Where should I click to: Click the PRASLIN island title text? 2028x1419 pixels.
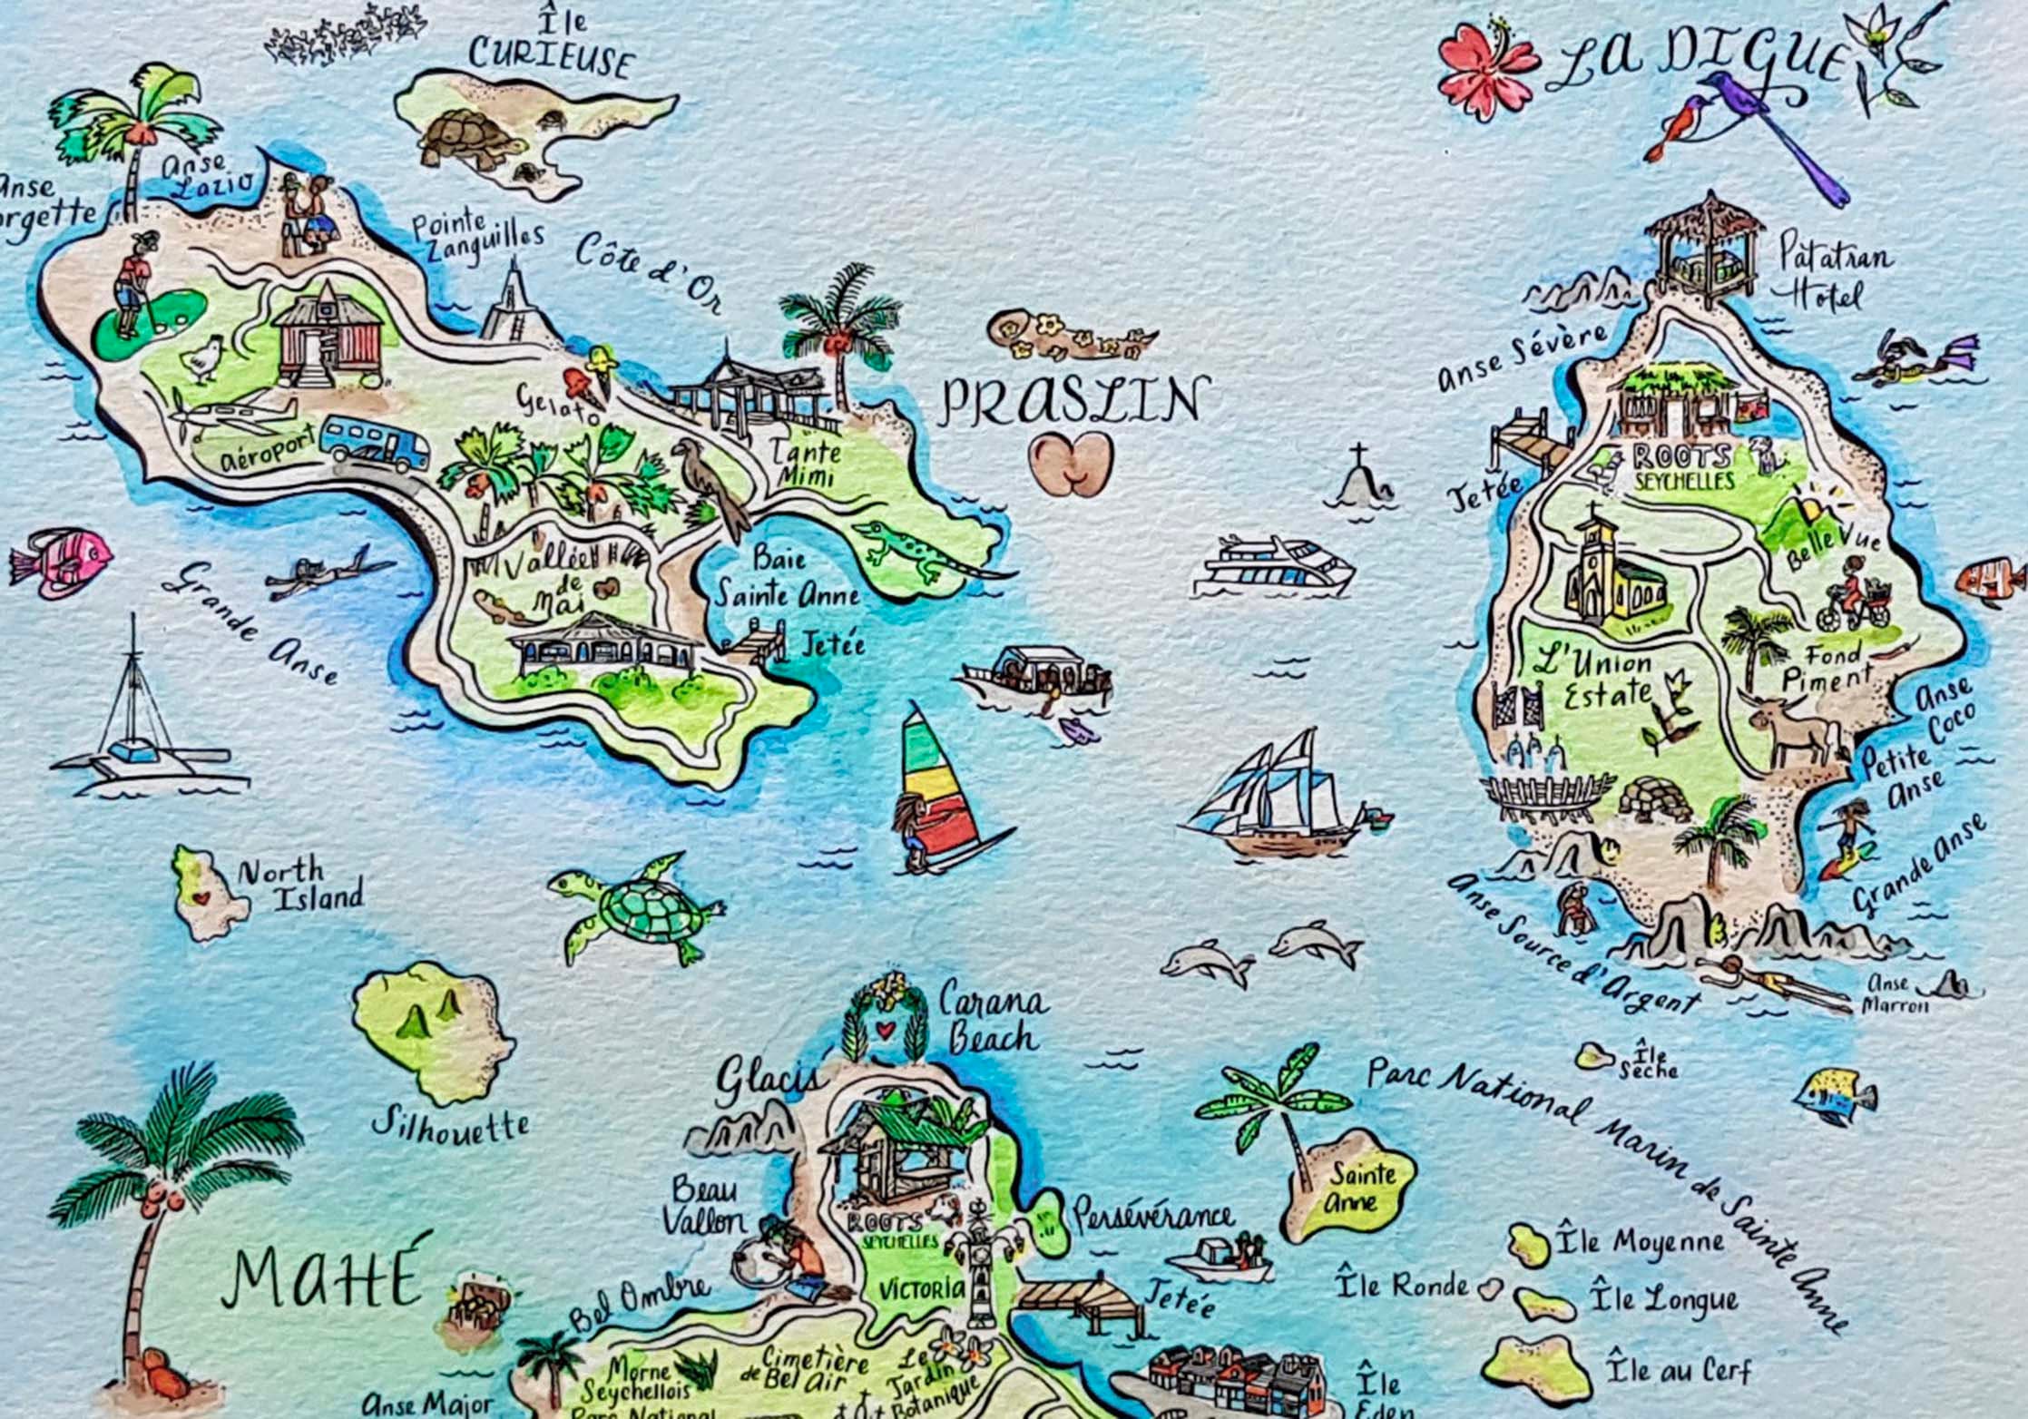[x=1073, y=402]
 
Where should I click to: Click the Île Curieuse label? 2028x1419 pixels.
[x=552, y=47]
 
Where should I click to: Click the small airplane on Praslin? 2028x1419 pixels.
[x=238, y=416]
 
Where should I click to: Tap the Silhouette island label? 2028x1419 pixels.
[x=451, y=1125]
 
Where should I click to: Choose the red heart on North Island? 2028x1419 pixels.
[x=201, y=899]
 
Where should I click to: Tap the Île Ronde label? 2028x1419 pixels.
[x=1403, y=1286]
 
